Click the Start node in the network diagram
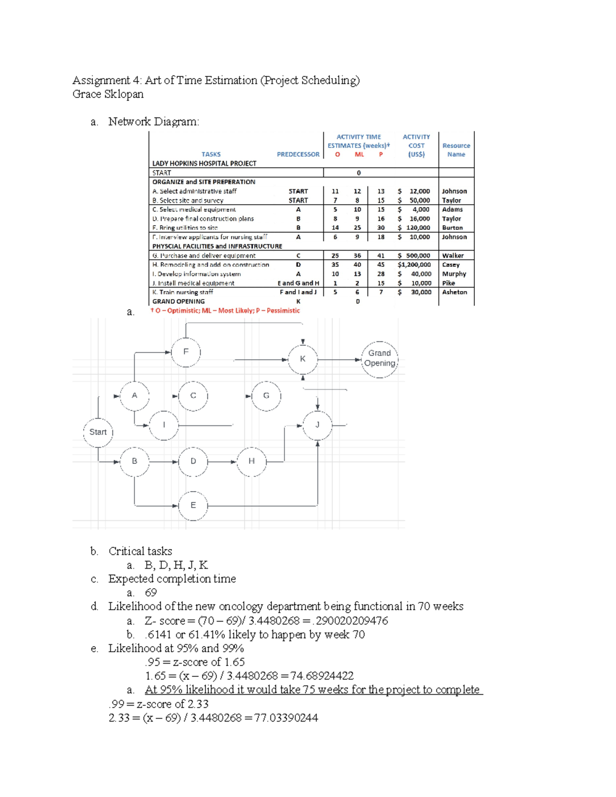tap(98, 432)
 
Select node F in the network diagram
tap(186, 352)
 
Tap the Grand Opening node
tap(379, 359)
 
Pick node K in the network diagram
tap(302, 359)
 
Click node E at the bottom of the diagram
tap(193, 506)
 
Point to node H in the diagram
tap(252, 461)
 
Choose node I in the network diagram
tap(164, 425)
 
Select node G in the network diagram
tap(266, 396)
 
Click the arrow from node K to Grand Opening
tap(339, 360)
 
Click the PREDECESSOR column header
tap(298, 154)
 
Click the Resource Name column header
tap(456, 150)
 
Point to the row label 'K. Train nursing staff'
tap(183, 293)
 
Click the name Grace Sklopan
tap(108, 94)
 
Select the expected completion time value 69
tap(151, 593)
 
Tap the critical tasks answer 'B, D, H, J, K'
tap(176, 566)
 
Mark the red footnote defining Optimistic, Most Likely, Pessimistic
tap(225, 310)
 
